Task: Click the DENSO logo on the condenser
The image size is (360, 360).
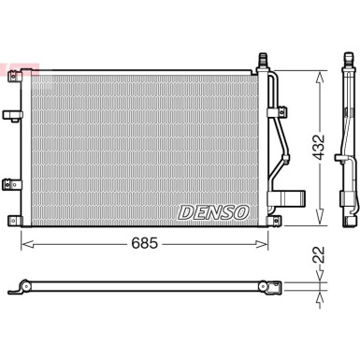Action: [214, 213]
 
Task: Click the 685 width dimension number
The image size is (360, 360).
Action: [145, 243]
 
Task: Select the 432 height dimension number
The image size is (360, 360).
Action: [319, 148]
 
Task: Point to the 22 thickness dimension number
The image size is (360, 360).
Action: [319, 255]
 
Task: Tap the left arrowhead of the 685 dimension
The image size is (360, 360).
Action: [27, 244]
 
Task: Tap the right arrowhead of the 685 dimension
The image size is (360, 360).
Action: [262, 244]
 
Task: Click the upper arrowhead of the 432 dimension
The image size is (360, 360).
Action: [319, 78]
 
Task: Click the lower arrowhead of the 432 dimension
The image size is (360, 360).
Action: [319, 218]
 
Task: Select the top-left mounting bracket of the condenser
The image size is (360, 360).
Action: [15, 76]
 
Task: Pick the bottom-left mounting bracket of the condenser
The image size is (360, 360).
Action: [15, 221]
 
